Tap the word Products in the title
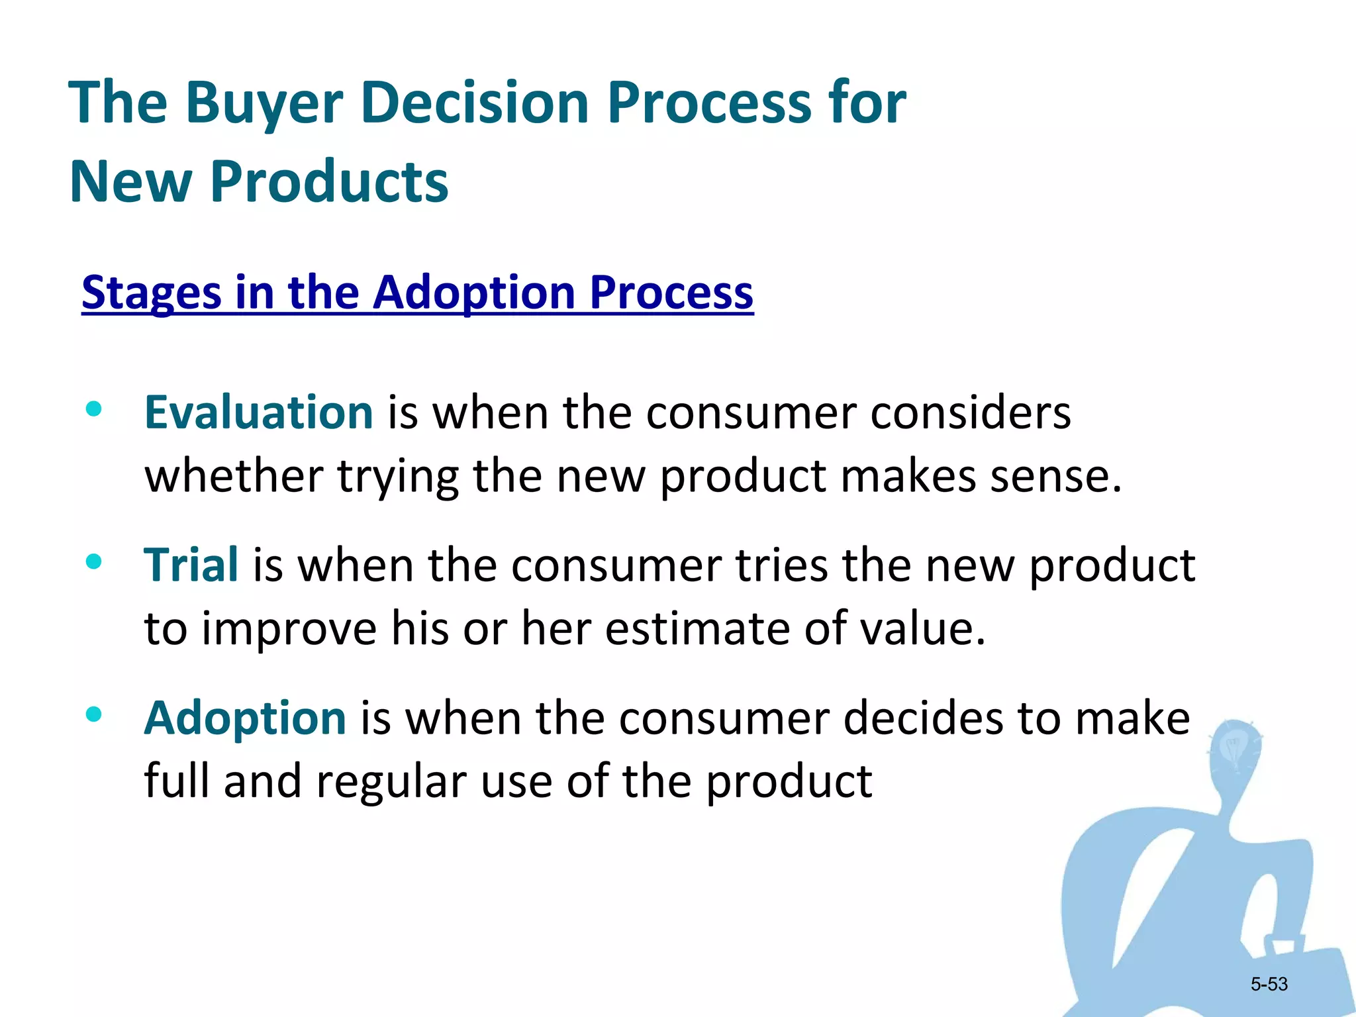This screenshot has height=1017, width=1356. (329, 181)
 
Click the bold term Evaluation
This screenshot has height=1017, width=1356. (259, 412)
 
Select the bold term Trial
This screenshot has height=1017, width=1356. (191, 565)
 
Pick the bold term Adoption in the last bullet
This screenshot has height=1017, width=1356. (245, 718)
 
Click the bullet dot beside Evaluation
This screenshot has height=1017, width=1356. (94, 409)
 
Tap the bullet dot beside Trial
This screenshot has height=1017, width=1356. (94, 562)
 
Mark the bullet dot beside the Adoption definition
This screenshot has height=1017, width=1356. (94, 714)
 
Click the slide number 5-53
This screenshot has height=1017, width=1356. (1269, 984)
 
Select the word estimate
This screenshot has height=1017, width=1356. (697, 628)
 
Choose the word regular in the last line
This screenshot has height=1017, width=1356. (391, 781)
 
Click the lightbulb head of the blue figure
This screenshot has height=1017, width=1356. (1234, 751)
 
